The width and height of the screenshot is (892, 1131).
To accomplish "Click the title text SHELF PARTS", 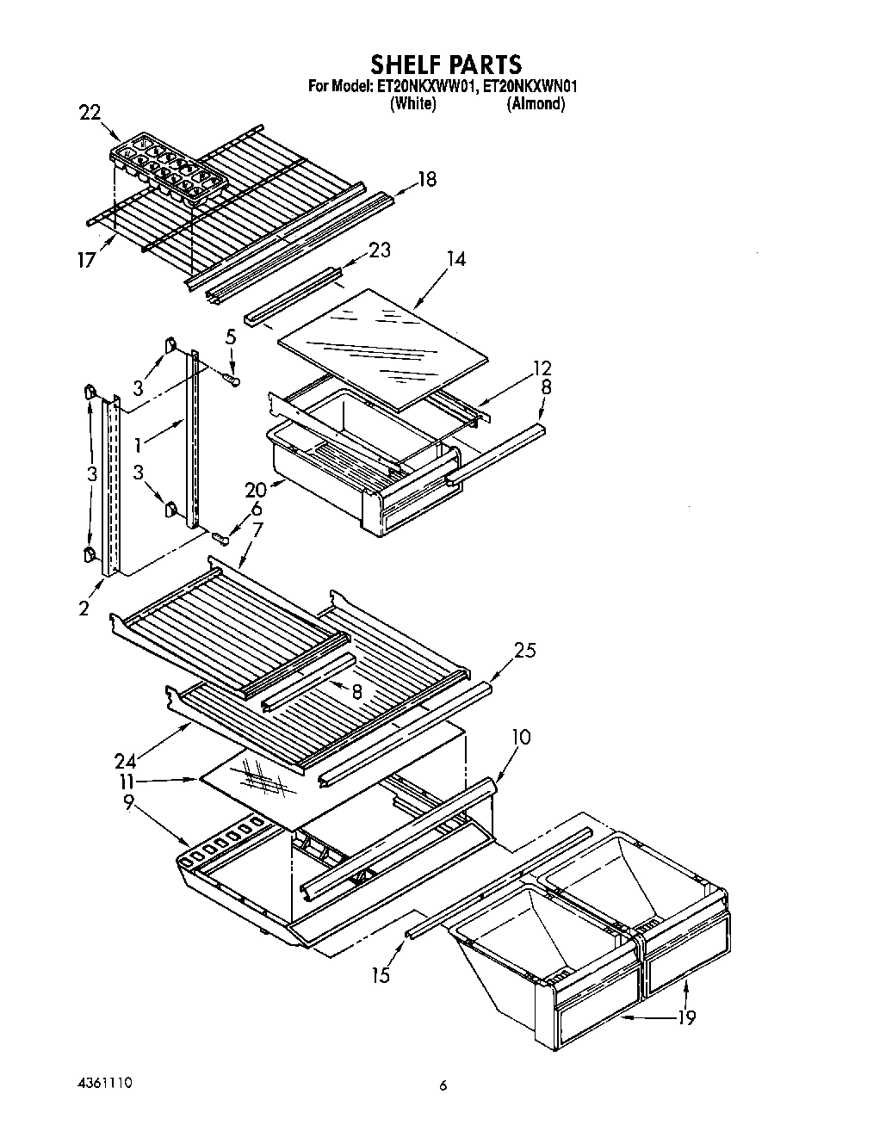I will pyautogui.click(x=445, y=64).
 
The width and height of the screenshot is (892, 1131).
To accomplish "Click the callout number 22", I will pyautogui.click(x=90, y=113).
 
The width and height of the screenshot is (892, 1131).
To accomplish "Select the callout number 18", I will pyautogui.click(x=426, y=179).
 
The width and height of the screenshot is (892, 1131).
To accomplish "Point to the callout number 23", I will pyautogui.click(x=379, y=250).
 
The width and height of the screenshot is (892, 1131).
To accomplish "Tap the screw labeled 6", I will pyautogui.click(x=221, y=540).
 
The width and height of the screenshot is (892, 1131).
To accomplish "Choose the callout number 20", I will pyautogui.click(x=255, y=490).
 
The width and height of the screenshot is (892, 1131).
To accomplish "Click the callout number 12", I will pyautogui.click(x=542, y=368).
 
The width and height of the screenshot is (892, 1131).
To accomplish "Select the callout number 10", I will pyautogui.click(x=520, y=737).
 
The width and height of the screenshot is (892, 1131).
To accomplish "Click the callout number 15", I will pyautogui.click(x=380, y=974).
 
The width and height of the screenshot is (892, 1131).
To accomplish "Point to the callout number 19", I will pyautogui.click(x=685, y=1017).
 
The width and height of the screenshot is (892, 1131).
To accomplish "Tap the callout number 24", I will pyautogui.click(x=127, y=760).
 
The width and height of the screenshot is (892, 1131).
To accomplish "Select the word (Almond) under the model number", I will pyautogui.click(x=535, y=104).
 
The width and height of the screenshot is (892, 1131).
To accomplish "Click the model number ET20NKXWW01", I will pyautogui.click(x=425, y=86).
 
